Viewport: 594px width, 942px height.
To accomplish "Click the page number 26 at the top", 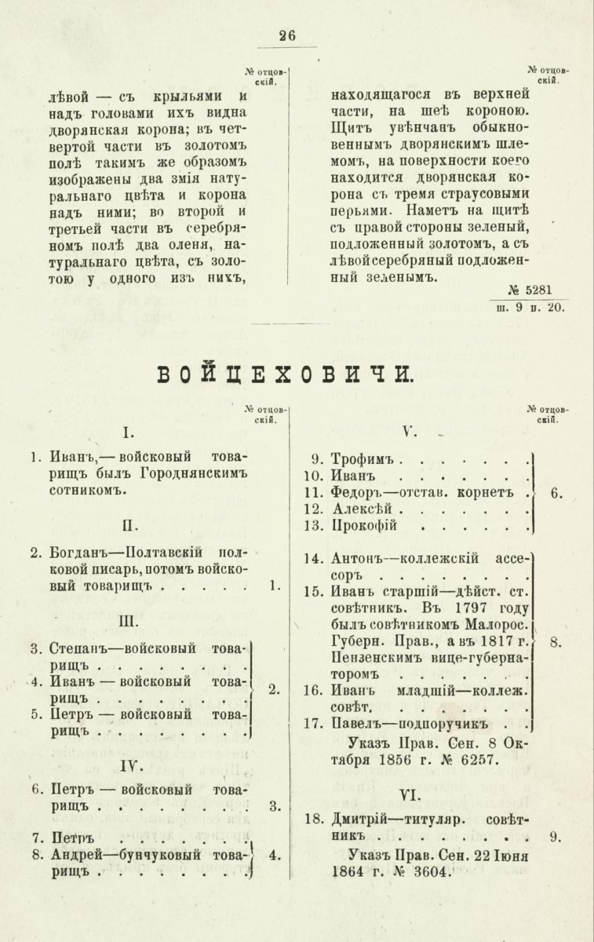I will click(286, 35).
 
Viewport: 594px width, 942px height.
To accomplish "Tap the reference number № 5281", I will click(536, 290).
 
